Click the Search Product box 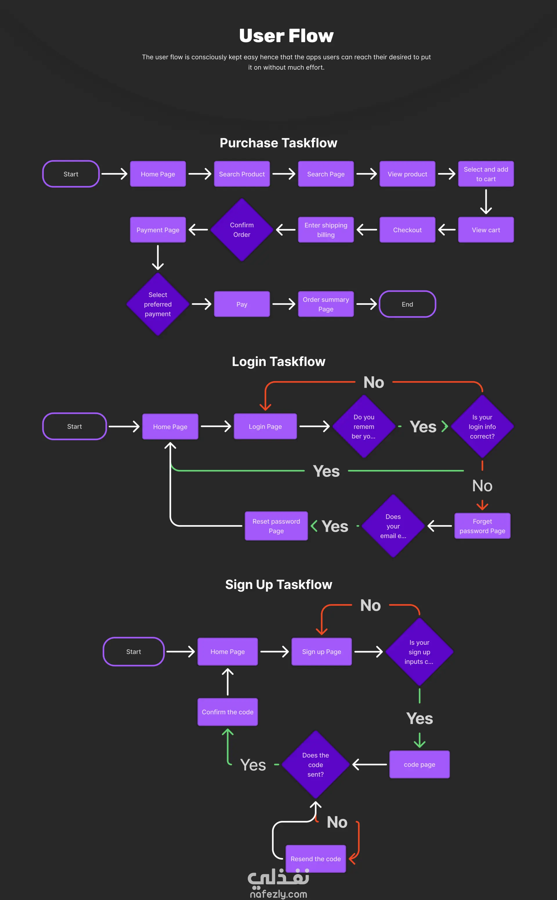click(242, 174)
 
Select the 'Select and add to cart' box click(486, 174)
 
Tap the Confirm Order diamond click(242, 230)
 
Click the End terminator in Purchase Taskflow click(407, 304)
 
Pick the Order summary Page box click(326, 304)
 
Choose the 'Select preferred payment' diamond click(158, 304)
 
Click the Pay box click(242, 304)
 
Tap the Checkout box click(407, 230)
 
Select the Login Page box click(265, 427)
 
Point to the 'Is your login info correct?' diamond click(482, 427)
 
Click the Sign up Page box click(321, 651)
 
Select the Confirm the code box click(227, 712)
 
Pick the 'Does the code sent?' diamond click(315, 765)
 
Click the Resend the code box click(315, 859)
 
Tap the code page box click(419, 765)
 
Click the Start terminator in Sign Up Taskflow click(133, 651)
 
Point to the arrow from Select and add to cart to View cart click(486, 202)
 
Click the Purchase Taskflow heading click(278, 143)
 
